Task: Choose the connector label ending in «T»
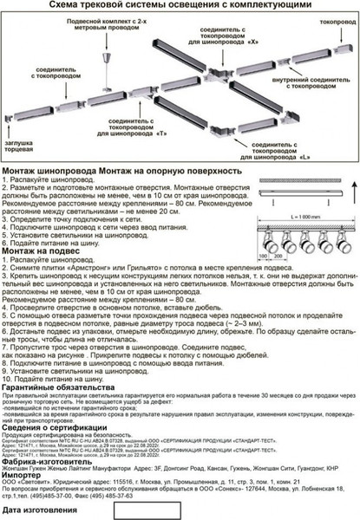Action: [136, 128]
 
